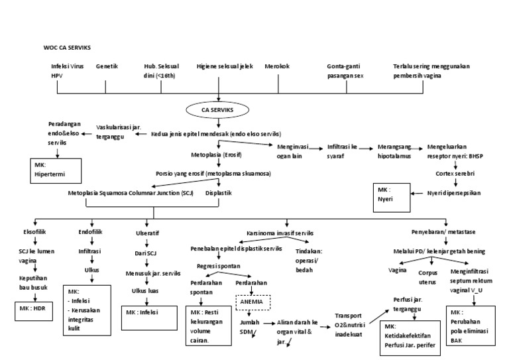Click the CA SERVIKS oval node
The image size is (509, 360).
[x=219, y=108]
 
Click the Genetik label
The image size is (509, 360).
[x=106, y=67]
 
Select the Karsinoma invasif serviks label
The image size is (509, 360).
[x=281, y=233]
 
